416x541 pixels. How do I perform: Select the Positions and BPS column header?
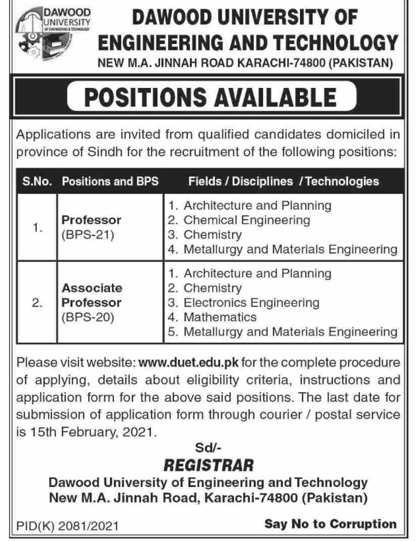point(110,181)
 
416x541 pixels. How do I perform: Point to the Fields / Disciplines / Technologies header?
point(283,181)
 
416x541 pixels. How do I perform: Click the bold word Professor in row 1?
point(91,221)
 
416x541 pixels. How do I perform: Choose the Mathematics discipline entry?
point(220,317)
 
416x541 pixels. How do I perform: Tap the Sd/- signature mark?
point(208,447)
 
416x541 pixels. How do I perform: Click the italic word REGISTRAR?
point(208,463)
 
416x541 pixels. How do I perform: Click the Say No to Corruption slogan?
point(330,524)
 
